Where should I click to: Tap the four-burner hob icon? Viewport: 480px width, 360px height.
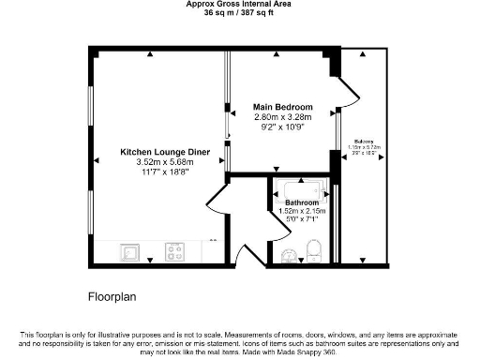(175, 251)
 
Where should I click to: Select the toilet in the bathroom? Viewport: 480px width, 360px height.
(314, 250)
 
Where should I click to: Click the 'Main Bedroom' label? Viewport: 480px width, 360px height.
(283, 107)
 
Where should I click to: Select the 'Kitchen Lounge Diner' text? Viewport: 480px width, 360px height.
(164, 151)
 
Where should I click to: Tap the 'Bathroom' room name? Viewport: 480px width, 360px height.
(302, 202)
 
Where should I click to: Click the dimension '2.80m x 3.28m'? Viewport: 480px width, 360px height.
(283, 116)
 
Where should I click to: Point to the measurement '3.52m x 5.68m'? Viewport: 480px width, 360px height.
(164, 161)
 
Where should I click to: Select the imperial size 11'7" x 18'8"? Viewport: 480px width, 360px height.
(164, 172)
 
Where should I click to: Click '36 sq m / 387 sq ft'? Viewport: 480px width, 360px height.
(239, 12)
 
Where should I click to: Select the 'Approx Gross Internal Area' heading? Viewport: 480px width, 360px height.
(239, 4)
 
